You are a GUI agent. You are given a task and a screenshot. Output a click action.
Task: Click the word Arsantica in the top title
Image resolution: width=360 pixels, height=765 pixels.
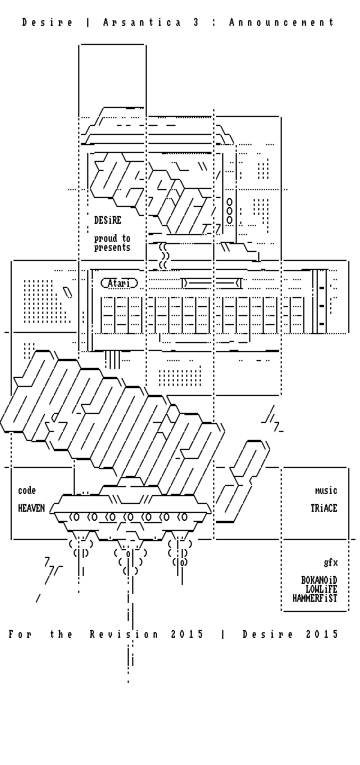[142, 22]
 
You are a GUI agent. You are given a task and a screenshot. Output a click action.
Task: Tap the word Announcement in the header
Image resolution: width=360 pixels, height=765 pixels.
[282, 22]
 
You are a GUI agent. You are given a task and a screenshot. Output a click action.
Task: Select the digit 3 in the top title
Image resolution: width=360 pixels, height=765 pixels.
[196, 22]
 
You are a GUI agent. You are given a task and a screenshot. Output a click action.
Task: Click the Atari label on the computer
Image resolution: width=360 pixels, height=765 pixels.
[119, 283]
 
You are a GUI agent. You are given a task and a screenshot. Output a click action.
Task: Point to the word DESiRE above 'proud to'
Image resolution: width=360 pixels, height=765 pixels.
[107, 220]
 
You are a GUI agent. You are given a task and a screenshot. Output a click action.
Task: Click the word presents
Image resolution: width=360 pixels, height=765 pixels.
[112, 247]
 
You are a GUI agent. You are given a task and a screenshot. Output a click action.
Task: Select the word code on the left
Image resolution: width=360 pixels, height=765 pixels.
[26, 490]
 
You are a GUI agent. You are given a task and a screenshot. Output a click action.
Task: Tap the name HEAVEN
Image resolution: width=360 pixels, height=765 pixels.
[31, 508]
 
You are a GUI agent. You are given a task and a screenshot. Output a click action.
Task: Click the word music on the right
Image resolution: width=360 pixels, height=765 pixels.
[326, 490]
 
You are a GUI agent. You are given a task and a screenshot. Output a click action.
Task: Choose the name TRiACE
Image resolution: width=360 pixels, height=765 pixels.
[324, 508]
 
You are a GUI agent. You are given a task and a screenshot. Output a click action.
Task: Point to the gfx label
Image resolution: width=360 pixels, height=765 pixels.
[331, 562]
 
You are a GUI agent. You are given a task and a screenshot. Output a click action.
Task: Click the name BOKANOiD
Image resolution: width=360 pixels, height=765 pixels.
[319, 580]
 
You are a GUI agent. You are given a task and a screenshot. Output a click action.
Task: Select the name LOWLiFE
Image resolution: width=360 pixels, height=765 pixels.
[321, 589]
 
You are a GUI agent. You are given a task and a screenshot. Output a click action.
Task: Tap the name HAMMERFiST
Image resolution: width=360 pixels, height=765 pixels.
[315, 598]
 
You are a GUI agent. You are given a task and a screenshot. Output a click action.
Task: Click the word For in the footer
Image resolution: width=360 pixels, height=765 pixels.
[20, 634]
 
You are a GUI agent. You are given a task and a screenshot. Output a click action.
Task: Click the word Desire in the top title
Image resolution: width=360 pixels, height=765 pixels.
[47, 22]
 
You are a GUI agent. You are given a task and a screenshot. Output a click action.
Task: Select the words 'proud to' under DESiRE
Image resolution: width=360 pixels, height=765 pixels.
[112, 238]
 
